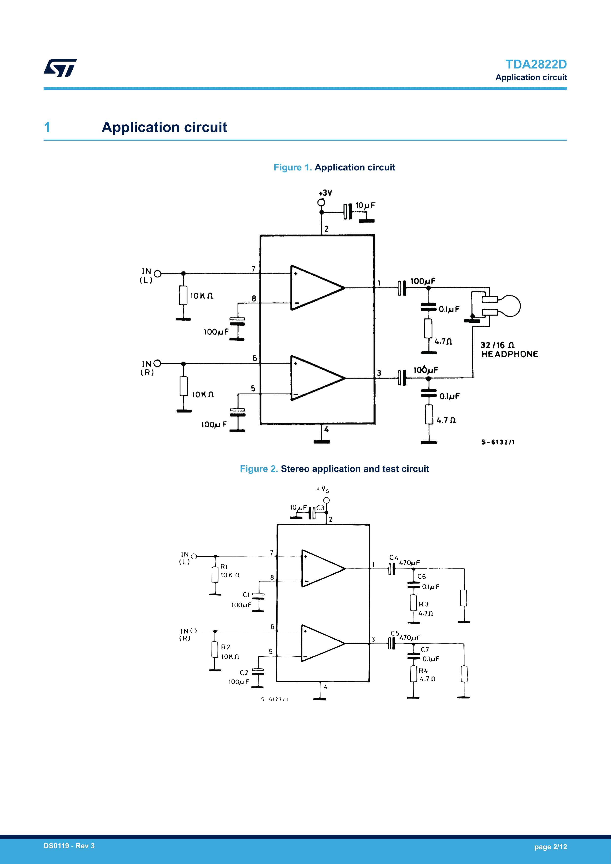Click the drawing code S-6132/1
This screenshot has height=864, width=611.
tap(498, 442)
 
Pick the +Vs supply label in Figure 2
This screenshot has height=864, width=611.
tap(323, 489)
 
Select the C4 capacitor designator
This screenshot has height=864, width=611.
tap(394, 558)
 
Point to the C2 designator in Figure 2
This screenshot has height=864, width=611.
tap(244, 672)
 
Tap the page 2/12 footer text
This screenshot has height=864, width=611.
tap(550, 847)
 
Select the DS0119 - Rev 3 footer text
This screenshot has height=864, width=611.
tap(69, 846)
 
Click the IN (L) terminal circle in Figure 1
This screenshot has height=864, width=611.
tap(158, 274)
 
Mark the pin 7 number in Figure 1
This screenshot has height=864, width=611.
tap(254, 269)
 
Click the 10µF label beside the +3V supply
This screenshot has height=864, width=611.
tap(365, 205)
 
